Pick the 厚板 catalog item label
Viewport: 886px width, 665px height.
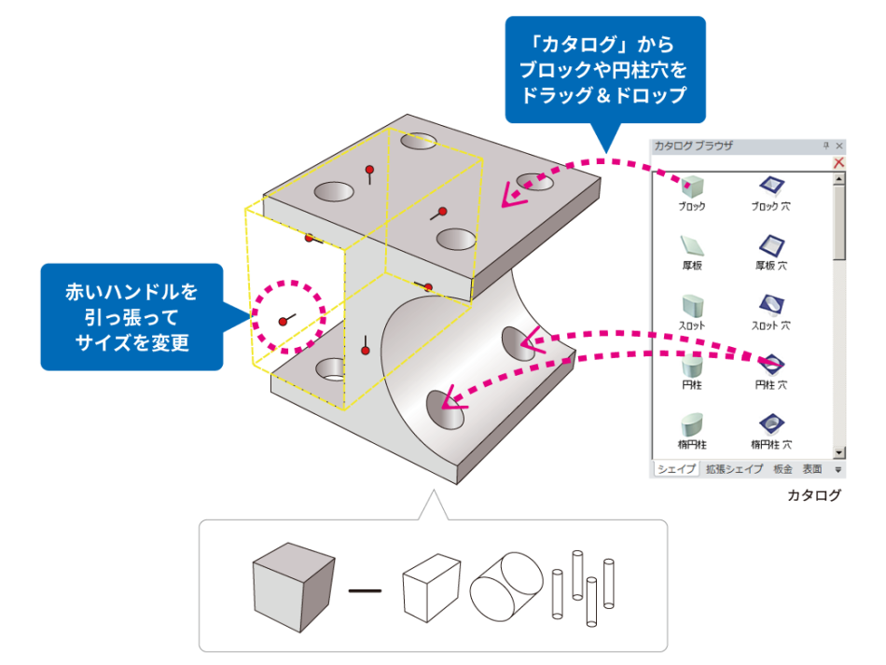(692, 266)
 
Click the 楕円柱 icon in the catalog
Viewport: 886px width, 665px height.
(692, 424)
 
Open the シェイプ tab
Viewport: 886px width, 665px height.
(675, 469)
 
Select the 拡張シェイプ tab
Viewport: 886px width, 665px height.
(732, 469)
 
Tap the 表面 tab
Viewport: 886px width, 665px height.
(812, 469)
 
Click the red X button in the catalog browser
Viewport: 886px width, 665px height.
(838, 162)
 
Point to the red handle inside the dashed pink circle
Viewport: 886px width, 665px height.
(283, 322)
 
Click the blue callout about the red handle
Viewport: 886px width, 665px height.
(131, 317)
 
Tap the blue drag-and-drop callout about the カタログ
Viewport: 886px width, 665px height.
(604, 70)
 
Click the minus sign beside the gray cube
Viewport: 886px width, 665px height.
(365, 590)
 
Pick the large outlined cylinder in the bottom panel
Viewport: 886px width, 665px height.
(506, 586)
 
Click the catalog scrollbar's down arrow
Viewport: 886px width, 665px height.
(839, 451)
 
